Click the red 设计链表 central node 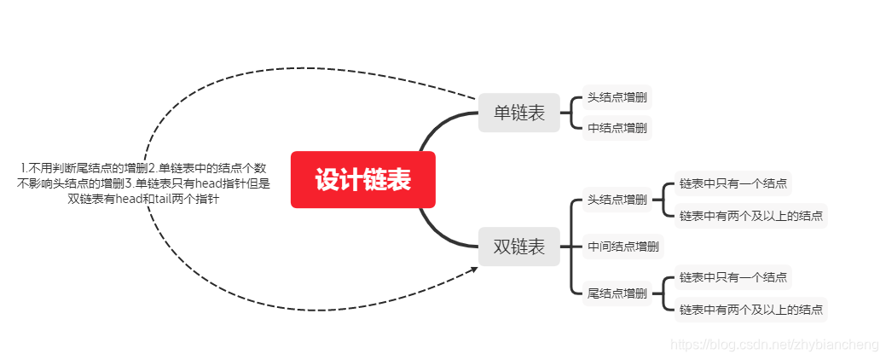click(362, 180)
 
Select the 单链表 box click(518, 113)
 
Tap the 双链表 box click(518, 247)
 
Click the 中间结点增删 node click(623, 247)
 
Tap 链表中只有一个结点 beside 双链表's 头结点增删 click(733, 183)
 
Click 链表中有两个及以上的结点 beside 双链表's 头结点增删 click(750, 216)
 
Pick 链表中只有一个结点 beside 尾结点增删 click(733, 276)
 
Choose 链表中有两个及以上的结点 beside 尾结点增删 click(750, 310)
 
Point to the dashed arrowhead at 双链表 click(474, 269)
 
